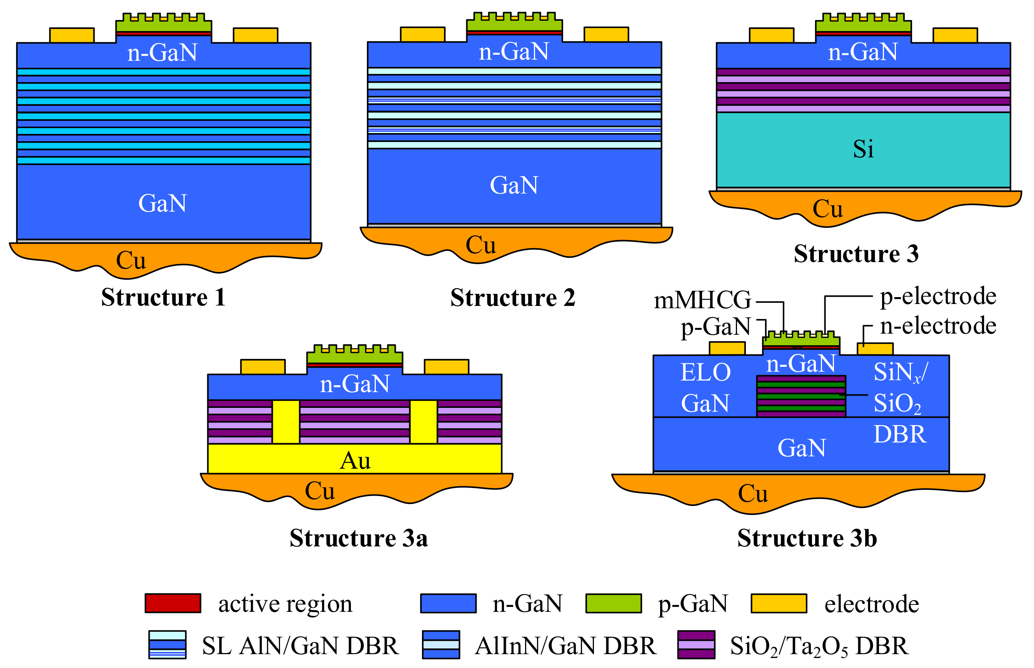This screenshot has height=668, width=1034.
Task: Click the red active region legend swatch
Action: (x=173, y=603)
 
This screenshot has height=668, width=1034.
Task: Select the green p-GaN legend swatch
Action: (x=613, y=603)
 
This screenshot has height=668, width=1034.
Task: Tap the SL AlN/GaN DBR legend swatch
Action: (x=167, y=645)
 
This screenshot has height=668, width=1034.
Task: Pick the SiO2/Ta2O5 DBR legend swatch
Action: (x=696, y=645)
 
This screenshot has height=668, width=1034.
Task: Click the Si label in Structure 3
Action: (x=863, y=149)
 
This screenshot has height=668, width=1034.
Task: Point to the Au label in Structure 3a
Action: (x=355, y=461)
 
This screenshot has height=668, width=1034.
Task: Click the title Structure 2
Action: (x=512, y=298)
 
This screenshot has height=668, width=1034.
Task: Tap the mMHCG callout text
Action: (x=702, y=300)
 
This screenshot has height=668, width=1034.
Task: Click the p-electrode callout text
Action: (x=938, y=296)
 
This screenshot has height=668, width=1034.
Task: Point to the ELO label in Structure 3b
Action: (x=705, y=372)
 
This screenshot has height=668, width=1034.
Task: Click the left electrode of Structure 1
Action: (x=72, y=35)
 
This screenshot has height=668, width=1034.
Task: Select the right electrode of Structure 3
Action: (x=955, y=35)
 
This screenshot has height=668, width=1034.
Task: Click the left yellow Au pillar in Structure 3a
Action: (x=286, y=422)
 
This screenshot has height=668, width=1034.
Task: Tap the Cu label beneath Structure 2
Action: (x=480, y=245)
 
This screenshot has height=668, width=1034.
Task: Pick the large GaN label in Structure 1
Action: (x=162, y=203)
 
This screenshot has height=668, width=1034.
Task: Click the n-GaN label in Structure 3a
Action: (x=355, y=384)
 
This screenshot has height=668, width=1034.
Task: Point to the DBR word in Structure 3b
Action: (x=900, y=435)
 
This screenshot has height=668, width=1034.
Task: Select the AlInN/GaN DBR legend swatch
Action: (x=441, y=645)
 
